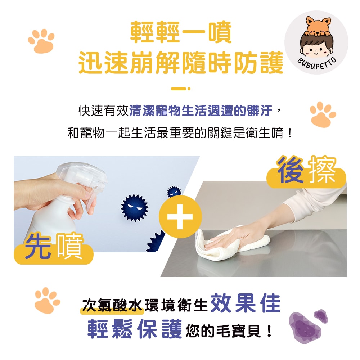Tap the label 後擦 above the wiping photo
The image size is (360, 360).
pyautogui.click(x=306, y=171)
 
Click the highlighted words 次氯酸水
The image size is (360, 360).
pyautogui.click(x=112, y=305)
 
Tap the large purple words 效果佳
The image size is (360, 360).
pyautogui.click(x=245, y=303)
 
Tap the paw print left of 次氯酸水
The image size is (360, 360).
pyautogui.click(x=47, y=300)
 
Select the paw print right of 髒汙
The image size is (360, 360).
pyautogui.click(x=323, y=114)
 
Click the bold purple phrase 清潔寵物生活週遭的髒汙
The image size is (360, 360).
pyautogui.click(x=201, y=111)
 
